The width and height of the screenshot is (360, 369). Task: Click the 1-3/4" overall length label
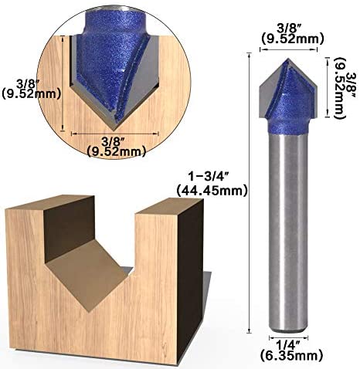(x=207, y=177)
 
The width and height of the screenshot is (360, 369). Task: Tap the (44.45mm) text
(x=212, y=191)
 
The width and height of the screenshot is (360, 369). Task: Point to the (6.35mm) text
(x=291, y=355)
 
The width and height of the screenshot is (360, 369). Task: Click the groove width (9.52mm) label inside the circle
(x=117, y=151)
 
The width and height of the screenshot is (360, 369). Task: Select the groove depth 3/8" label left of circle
(x=28, y=83)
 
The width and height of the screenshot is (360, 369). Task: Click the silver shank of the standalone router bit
(x=288, y=232)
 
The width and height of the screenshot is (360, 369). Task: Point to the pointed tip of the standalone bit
(x=288, y=59)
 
